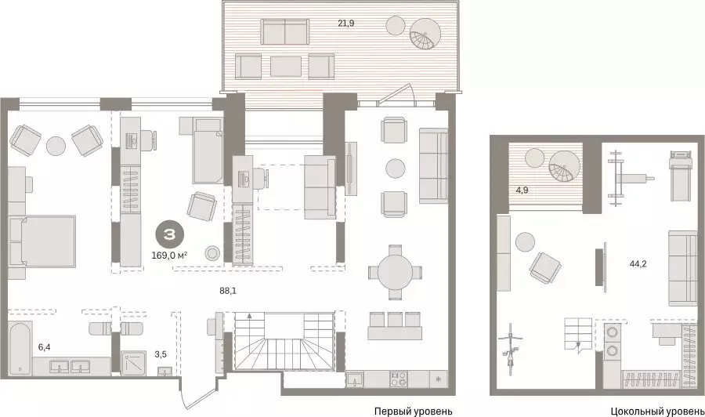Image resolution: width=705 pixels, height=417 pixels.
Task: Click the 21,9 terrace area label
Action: click(346, 23)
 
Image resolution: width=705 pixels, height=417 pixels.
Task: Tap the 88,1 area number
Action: click(228, 291)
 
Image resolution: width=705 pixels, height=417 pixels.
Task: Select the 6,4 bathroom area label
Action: click(44, 346)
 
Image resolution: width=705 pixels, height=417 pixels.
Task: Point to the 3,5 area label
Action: click(161, 354)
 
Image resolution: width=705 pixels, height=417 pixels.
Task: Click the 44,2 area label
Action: click(638, 264)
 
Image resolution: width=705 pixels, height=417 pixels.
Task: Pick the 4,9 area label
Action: click(522, 190)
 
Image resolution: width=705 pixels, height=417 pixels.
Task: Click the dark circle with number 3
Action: click(169, 236)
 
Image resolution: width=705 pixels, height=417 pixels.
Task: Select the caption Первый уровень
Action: click(413, 412)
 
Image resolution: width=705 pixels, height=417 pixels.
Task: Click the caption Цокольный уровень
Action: click(657, 412)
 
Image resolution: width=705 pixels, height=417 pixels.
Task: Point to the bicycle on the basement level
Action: click(512, 350)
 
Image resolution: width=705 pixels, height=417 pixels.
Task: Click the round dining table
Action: click(396, 273)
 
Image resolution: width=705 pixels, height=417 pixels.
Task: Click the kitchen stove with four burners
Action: click(399, 379)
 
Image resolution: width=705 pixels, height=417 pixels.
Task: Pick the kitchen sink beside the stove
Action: click(355, 379)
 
